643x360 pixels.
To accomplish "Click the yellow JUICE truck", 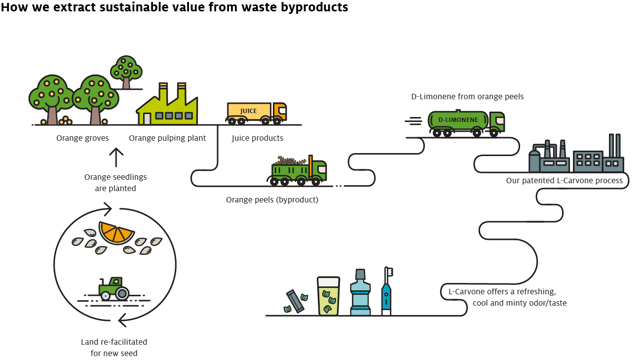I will (x=256, y=112).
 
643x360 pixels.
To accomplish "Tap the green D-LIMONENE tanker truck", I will (x=465, y=121).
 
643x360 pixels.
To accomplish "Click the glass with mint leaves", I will (x=328, y=296).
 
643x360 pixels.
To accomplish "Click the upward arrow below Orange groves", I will (x=116, y=158).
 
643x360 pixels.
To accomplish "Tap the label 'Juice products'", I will (x=258, y=138).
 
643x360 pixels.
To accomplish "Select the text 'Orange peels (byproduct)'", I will (x=272, y=200).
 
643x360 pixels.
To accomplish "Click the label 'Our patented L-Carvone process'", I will (x=564, y=181).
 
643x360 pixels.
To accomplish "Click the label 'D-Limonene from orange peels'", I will (x=467, y=97).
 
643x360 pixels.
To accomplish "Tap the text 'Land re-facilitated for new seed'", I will (x=114, y=347).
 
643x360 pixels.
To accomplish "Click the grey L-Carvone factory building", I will (x=575, y=156).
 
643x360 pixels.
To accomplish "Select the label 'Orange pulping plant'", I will (x=167, y=138).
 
